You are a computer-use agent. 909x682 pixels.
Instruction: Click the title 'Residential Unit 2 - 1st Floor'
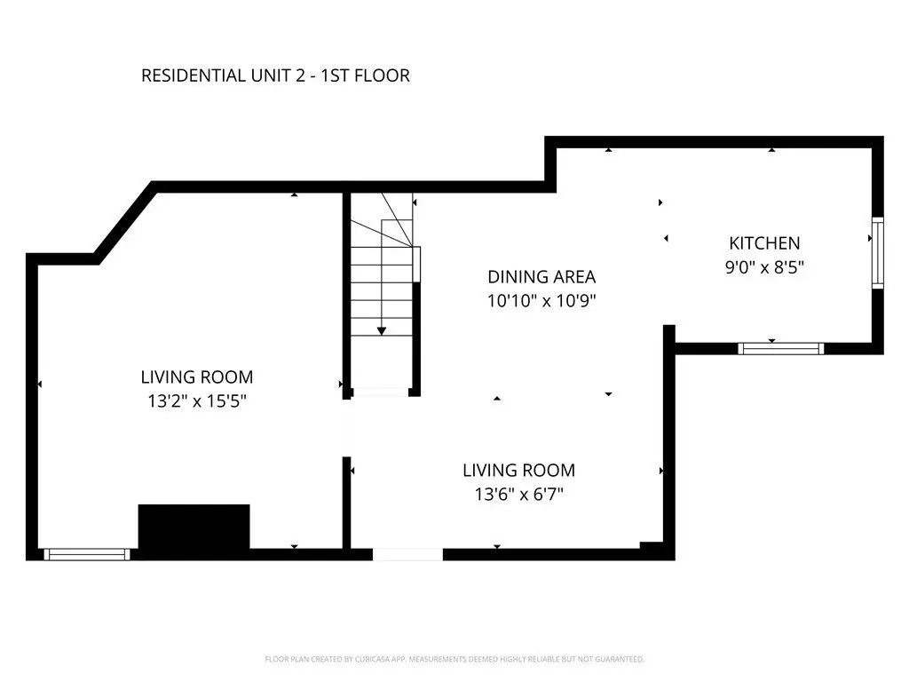[275, 75]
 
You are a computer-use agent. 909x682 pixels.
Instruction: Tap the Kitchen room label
[764, 243]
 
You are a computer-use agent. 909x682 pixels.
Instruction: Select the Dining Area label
[541, 277]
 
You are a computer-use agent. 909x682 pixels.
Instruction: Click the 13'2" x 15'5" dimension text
[197, 400]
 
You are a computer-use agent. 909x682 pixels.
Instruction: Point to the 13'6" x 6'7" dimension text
[518, 494]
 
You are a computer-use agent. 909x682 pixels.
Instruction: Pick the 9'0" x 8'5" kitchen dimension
[764, 267]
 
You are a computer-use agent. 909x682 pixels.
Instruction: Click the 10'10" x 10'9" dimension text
[541, 301]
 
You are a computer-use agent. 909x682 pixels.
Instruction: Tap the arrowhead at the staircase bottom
[382, 331]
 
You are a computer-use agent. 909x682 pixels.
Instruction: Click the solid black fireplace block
[194, 526]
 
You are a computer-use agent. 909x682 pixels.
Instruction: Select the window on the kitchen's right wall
[878, 253]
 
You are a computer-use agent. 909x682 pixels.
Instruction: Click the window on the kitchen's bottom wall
[781, 348]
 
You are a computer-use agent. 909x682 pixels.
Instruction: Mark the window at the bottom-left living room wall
[87, 554]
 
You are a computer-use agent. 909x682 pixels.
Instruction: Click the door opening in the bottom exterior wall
[407, 554]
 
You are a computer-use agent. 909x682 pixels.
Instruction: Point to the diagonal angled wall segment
[124, 223]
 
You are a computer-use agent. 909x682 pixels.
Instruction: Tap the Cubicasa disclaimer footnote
[454, 660]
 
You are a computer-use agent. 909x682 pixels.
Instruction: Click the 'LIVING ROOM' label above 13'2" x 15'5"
[197, 377]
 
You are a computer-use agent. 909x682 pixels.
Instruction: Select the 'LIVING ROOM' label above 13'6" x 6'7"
[518, 471]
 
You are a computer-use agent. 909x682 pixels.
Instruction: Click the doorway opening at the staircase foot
[380, 393]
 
